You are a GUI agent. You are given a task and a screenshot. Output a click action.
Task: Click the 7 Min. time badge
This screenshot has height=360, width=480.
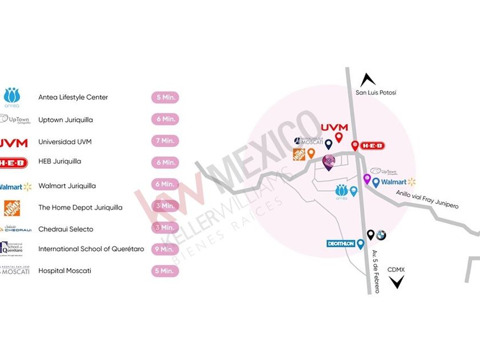pos(165,141)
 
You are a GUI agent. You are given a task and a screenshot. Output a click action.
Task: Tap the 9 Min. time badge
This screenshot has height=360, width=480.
pos(165,249)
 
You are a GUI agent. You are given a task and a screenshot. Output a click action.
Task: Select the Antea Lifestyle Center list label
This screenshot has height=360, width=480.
pos(73,97)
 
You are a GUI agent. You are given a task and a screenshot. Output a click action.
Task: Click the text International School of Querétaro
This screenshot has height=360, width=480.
pos(91,249)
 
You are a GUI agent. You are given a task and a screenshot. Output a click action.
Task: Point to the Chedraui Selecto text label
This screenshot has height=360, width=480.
pos(65,229)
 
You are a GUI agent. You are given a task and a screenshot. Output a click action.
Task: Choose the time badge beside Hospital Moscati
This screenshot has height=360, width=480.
pos(165,271)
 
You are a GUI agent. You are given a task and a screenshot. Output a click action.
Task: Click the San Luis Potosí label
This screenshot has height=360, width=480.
pos(375,93)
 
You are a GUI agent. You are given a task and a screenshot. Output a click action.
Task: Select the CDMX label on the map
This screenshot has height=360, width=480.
pos(396,269)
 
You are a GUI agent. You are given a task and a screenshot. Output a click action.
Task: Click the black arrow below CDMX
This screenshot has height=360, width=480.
pos(396,281)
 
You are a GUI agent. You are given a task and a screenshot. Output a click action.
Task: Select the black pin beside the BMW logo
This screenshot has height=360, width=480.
pos(370,234)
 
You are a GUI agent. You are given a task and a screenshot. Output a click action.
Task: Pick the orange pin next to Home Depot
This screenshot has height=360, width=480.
pos(311,153)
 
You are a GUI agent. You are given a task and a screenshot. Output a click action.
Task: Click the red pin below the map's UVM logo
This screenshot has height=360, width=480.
pos(338,137)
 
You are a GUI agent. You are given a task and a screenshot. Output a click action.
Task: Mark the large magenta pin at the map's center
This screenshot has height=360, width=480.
pos(329,162)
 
